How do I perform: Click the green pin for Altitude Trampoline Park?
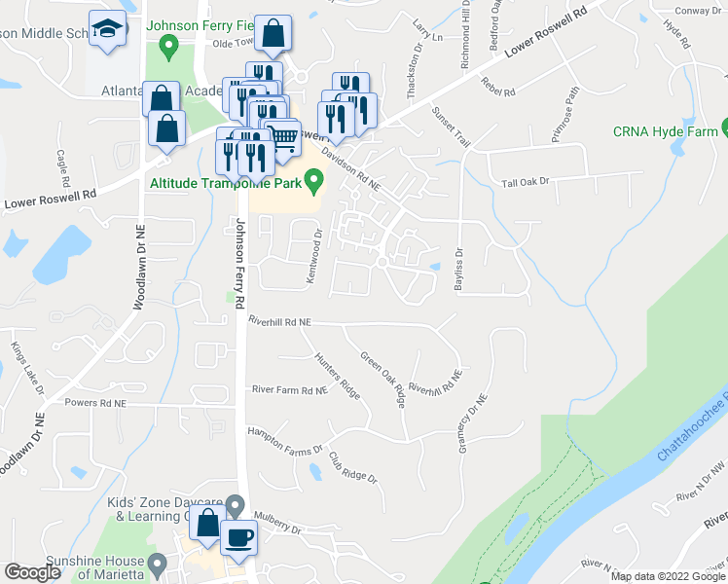(313, 180)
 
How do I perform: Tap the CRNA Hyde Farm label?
(666, 131)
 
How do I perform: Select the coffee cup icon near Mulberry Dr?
(238, 536)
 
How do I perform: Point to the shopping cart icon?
(282, 138)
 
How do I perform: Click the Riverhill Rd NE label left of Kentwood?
(279, 320)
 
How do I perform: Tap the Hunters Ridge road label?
(337, 375)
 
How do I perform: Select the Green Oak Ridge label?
(383, 379)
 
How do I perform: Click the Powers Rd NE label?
(95, 402)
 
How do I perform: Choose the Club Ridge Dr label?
(352, 468)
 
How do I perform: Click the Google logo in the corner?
(32, 572)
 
